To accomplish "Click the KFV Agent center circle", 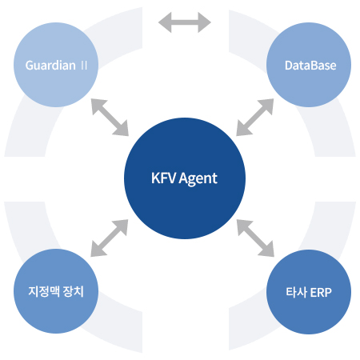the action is [185, 178].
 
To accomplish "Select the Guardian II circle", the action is [56, 65].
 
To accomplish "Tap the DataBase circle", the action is [309, 65].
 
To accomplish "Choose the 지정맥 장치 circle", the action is [56, 291].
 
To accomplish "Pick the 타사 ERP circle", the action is [309, 292].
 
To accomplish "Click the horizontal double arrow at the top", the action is [185, 22].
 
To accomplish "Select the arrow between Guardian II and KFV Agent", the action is [110, 118].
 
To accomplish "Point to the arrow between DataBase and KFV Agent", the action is [255, 118].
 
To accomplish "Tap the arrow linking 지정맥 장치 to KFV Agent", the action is [110, 238].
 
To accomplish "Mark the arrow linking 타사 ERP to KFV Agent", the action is [255, 238].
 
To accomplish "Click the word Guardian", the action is [50, 66].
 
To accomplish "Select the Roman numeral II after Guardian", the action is [84, 66].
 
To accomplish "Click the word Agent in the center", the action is [198, 178].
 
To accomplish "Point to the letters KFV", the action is [163, 178].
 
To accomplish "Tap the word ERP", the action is [321, 292].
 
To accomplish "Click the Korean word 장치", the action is [74, 291].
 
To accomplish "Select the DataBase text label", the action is [310, 66].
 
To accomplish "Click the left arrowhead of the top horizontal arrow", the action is [165, 22].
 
